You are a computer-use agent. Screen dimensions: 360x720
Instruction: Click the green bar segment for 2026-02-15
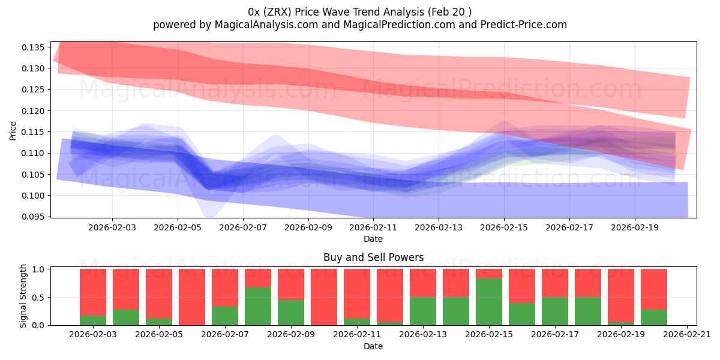pyautogui.click(x=489, y=302)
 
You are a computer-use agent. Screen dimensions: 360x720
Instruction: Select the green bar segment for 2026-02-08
pyautogui.click(x=258, y=307)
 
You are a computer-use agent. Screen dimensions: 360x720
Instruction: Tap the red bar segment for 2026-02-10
pyautogui.click(x=324, y=296)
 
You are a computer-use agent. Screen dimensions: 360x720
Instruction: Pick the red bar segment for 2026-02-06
pyautogui.click(x=192, y=296)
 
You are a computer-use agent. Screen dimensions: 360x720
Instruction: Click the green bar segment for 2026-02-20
pyautogui.click(x=654, y=317)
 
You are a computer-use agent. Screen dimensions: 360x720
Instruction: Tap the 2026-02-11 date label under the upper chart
pyautogui.click(x=373, y=228)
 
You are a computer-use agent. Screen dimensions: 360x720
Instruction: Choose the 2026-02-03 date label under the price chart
pyautogui.click(x=112, y=228)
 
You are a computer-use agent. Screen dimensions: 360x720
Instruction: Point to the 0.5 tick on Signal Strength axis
pyautogui.click(x=40, y=298)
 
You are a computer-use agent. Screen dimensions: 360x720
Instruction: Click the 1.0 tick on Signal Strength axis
pyautogui.click(x=40, y=269)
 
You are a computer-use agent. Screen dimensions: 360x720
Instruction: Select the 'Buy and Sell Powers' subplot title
pyautogui.click(x=373, y=257)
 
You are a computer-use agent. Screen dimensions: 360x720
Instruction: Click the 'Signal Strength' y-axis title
pyautogui.click(x=23, y=296)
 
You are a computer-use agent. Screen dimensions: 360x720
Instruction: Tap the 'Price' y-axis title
pyautogui.click(x=13, y=130)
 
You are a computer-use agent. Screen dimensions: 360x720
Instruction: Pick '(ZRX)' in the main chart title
pyautogui.click(x=278, y=11)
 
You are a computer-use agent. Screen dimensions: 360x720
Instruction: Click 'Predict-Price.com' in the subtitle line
pyautogui.click(x=523, y=25)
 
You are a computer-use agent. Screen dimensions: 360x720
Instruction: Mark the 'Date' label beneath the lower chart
pyautogui.click(x=373, y=346)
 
